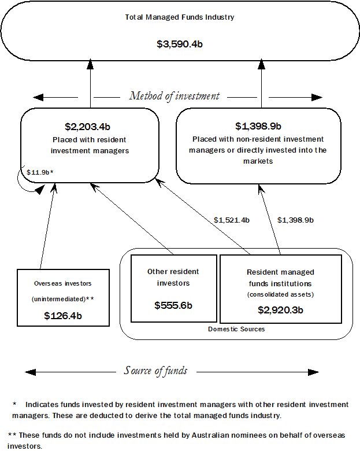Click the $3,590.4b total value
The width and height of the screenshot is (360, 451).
click(x=180, y=44)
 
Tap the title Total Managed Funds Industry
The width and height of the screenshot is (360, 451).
click(x=180, y=17)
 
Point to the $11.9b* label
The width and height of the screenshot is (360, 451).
click(x=40, y=172)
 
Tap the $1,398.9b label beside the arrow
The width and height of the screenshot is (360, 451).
click(x=296, y=220)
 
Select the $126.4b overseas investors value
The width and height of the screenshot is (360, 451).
click(x=63, y=316)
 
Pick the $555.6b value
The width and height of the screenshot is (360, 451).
click(x=173, y=305)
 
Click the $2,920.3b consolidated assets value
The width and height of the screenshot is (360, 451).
click(x=280, y=310)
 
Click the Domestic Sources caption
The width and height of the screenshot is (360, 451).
click(x=236, y=329)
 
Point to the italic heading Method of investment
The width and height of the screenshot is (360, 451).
click(x=175, y=96)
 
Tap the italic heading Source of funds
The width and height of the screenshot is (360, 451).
click(x=155, y=371)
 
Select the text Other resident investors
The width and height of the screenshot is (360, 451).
click(x=173, y=277)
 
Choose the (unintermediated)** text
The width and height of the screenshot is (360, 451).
click(x=63, y=299)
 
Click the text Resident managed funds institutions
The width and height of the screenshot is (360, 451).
click(x=280, y=278)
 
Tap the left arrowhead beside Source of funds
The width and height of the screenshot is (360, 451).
click(x=31, y=371)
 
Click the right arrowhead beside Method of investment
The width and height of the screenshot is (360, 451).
click(x=317, y=97)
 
